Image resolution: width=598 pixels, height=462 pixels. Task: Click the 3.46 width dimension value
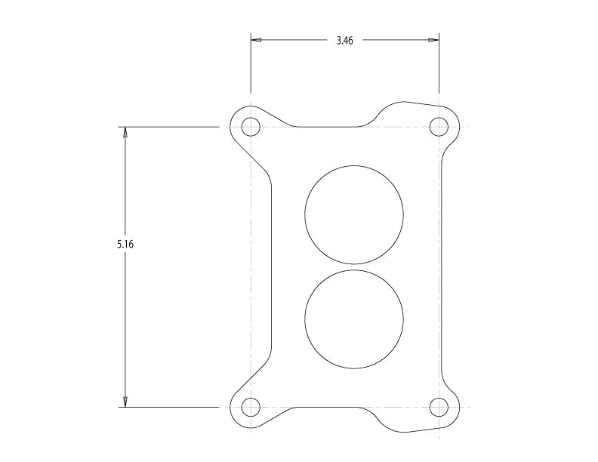click(x=344, y=40)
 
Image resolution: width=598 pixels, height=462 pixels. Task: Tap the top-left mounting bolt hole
click(x=251, y=127)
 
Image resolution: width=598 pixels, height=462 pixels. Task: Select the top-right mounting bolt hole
click(x=439, y=127)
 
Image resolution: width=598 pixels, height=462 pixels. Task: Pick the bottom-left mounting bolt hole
click(x=251, y=408)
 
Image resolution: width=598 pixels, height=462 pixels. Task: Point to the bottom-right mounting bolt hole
click(x=439, y=408)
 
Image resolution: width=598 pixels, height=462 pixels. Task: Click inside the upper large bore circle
click(x=353, y=214)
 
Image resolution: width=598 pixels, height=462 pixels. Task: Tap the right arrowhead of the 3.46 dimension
click(x=433, y=40)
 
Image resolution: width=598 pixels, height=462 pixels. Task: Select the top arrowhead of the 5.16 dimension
click(x=125, y=132)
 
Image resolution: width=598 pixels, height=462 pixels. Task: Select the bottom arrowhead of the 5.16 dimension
click(x=125, y=402)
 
